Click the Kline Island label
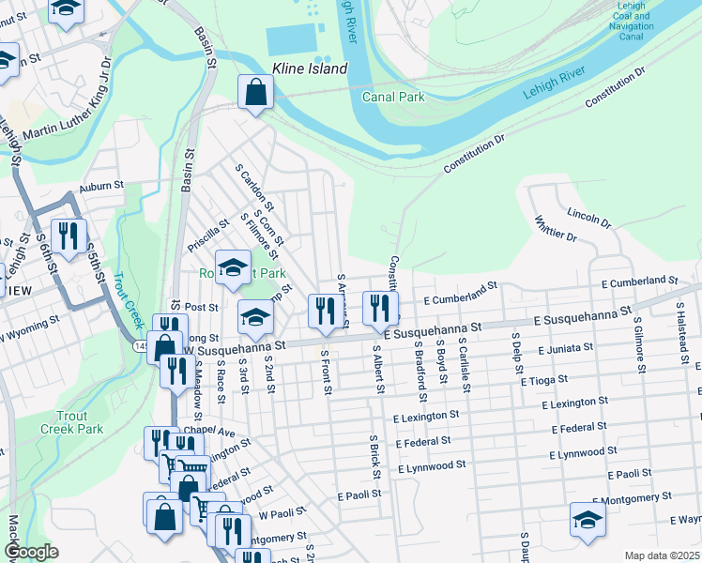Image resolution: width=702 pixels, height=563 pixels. click(x=310, y=68)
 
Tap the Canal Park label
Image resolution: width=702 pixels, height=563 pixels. click(x=393, y=97)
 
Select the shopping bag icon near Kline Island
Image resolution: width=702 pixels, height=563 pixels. click(x=255, y=93)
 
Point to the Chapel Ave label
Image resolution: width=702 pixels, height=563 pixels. click(x=208, y=431)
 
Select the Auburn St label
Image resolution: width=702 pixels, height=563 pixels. click(x=101, y=188)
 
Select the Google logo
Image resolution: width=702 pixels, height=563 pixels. click(x=31, y=552)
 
